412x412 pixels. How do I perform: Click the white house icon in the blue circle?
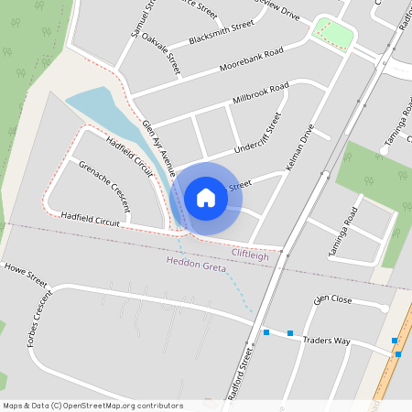click(206, 197)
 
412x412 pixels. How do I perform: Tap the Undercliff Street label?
click(257, 133)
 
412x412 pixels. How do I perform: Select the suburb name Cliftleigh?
click(250, 255)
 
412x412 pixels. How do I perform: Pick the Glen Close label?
click(332, 299)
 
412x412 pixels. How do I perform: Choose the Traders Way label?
click(329, 341)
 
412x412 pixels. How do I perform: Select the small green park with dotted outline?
click(333, 34)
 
